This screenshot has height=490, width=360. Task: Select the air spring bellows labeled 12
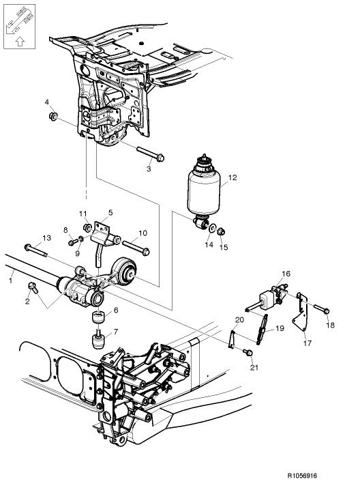click(204, 188)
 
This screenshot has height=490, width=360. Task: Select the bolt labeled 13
click(35, 247)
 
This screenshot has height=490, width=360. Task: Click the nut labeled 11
click(87, 227)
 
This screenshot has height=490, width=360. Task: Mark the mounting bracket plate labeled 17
click(300, 320)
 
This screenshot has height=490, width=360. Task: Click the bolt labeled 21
click(248, 353)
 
